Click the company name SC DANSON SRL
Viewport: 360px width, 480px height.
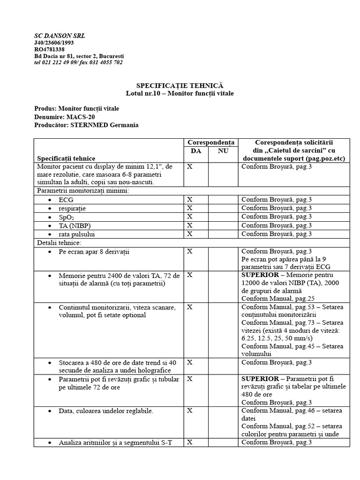(60, 36)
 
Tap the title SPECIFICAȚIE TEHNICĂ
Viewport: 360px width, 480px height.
(180, 86)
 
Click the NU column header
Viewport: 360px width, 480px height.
(223, 150)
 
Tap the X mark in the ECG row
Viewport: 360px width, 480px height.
(190, 199)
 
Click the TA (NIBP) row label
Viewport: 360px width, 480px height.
(75, 225)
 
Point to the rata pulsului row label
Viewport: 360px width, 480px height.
(80, 233)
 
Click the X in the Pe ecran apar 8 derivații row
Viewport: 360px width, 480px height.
(190, 251)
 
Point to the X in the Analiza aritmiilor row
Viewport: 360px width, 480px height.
(190, 442)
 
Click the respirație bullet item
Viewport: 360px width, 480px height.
(73, 208)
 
